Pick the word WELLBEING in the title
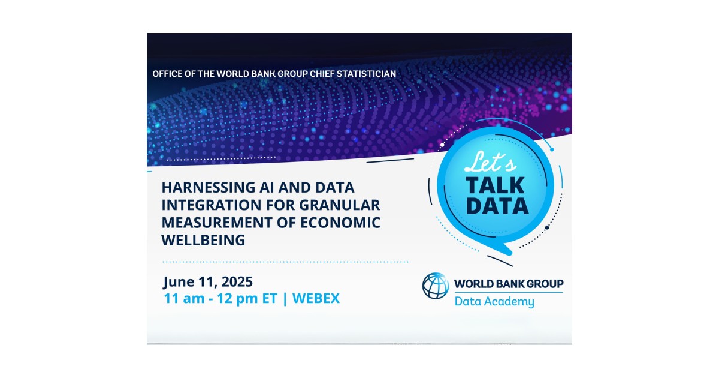pyautogui.click(x=203, y=240)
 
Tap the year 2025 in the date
pyautogui.click(x=235, y=281)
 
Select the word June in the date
pyautogui.click(x=179, y=281)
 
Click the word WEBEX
pyautogui.click(x=316, y=298)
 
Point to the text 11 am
pyautogui.click(x=182, y=298)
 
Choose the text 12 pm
pyautogui.click(x=235, y=298)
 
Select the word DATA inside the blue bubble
pyautogui.click(x=497, y=206)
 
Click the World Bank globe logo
pyautogui.click(x=436, y=286)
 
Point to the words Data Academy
pyautogui.click(x=494, y=301)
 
